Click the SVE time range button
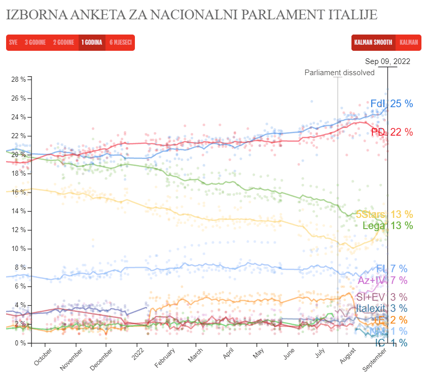click(x=13, y=43)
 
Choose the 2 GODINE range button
click(x=63, y=43)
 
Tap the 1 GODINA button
click(x=91, y=43)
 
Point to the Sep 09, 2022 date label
click(x=387, y=61)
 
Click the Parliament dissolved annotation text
click(x=339, y=73)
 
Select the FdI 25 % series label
click(x=391, y=104)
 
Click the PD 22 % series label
click(x=392, y=132)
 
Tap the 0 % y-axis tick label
click(x=20, y=343)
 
